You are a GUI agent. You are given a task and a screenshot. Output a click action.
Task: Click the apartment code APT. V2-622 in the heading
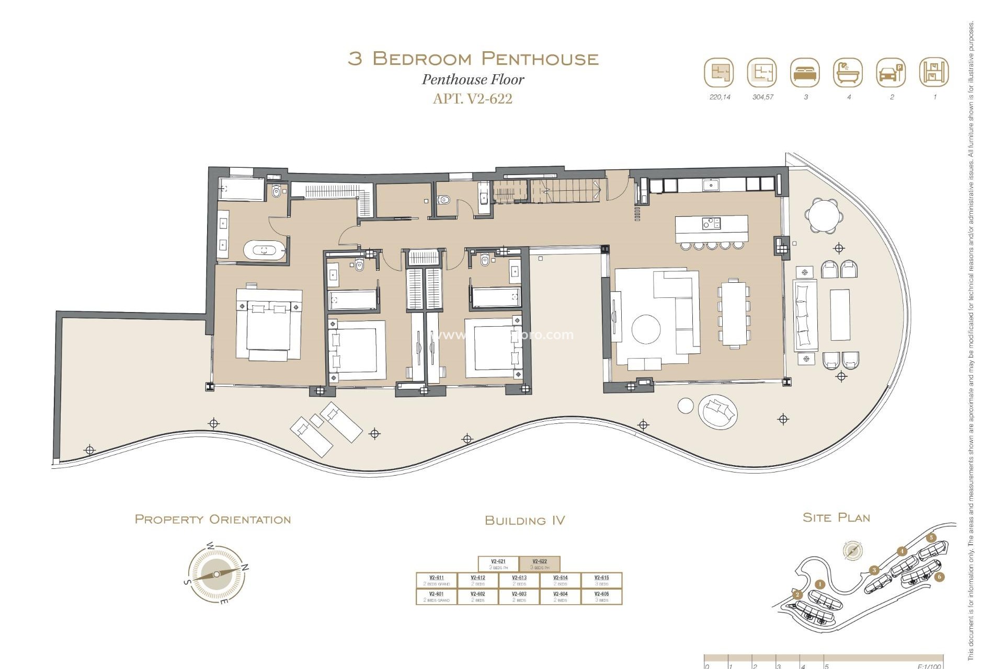[472, 99]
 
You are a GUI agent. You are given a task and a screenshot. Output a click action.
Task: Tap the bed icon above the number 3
[805, 73]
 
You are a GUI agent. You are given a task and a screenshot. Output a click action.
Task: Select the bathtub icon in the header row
[848, 73]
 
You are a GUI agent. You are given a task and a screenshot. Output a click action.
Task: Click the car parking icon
[891, 73]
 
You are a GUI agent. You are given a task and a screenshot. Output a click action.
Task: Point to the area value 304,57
[762, 97]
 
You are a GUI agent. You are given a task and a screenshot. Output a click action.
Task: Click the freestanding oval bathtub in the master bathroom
[265, 250]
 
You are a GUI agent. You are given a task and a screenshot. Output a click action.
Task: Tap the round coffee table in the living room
[646, 329]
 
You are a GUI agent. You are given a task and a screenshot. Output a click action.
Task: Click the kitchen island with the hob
[711, 228]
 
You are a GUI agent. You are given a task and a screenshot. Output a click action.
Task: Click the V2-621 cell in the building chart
[498, 564]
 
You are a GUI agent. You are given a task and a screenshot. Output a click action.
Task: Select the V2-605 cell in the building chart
[601, 596]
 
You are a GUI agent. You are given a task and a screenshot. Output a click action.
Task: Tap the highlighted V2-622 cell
[540, 564]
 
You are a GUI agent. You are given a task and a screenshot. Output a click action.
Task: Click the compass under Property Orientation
[216, 574]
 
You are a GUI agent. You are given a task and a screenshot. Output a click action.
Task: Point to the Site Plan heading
[836, 518]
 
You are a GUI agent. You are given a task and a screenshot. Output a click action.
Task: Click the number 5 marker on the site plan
[931, 538]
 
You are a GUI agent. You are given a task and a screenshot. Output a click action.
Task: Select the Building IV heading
[524, 521]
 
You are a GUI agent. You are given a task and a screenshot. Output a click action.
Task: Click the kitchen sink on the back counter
[711, 184]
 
